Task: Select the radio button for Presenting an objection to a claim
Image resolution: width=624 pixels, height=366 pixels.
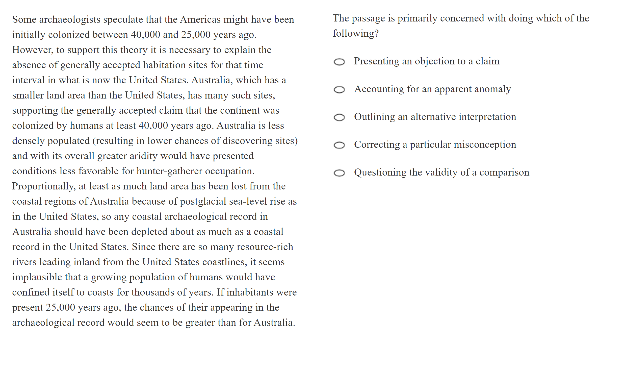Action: [339, 62]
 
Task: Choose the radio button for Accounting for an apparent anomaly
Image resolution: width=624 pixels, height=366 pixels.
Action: [339, 90]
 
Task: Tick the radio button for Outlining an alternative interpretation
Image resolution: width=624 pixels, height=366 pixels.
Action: [339, 117]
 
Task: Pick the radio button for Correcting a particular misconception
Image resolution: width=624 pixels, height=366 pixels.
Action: [339, 145]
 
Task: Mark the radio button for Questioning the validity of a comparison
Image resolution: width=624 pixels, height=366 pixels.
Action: [339, 173]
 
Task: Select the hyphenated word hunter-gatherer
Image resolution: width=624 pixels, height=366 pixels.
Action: [169, 171]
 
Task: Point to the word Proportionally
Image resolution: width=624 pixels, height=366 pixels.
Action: [44, 186]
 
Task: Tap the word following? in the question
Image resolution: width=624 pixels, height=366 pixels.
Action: [356, 34]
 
